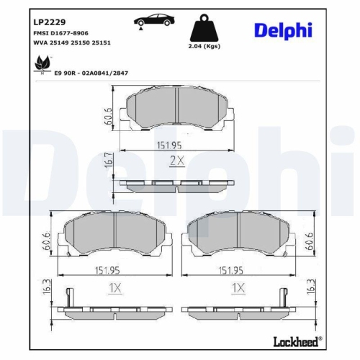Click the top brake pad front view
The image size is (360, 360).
[178, 110]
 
